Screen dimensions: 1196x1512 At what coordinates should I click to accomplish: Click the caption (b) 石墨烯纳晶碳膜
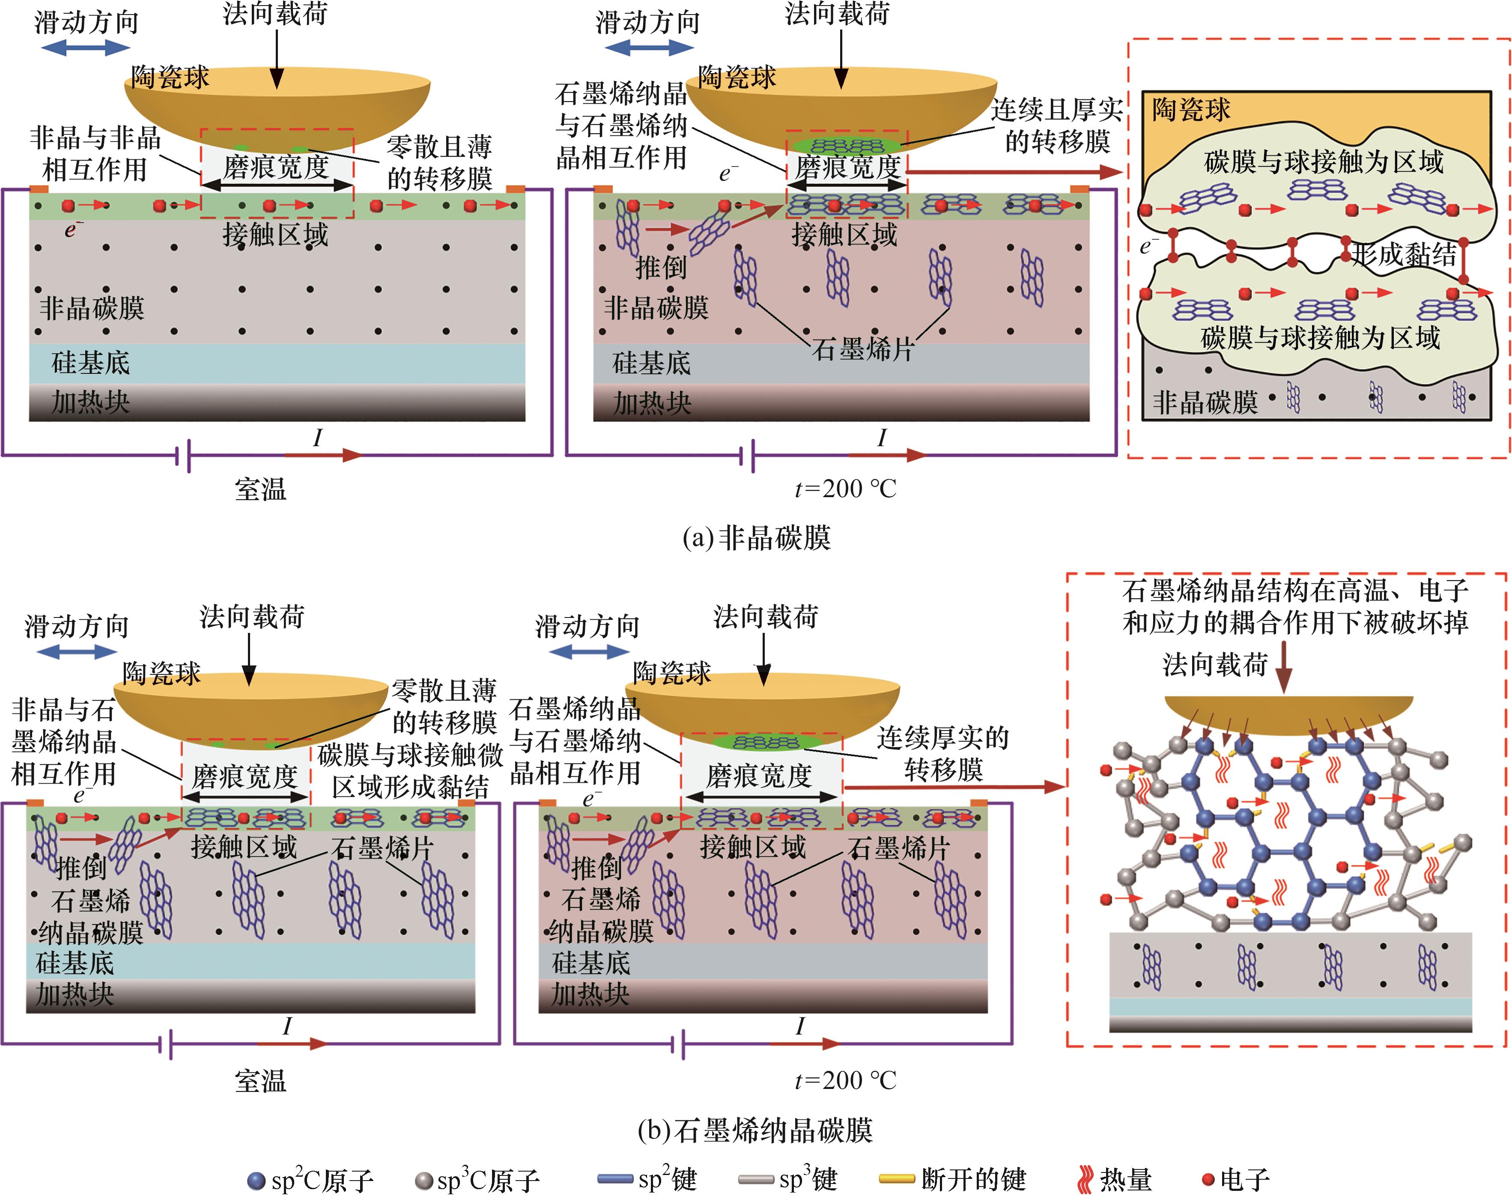(x=756, y=1130)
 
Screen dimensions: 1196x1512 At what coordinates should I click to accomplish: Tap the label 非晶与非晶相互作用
(x=95, y=153)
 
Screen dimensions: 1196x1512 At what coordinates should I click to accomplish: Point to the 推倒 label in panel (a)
(x=660, y=267)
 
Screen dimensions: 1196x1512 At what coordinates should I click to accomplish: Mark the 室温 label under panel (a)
(x=260, y=489)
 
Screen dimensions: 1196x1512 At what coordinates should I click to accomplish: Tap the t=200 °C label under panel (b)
(x=845, y=1080)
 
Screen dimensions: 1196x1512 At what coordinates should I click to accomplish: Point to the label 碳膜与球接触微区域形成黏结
(x=410, y=771)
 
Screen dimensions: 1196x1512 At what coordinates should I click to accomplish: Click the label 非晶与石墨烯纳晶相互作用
(x=64, y=742)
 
